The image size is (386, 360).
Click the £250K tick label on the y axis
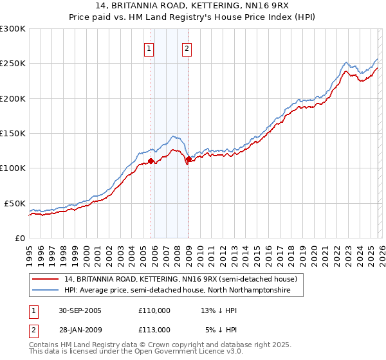[13, 64]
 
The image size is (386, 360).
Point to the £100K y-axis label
[13, 168]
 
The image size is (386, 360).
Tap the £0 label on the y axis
[20, 238]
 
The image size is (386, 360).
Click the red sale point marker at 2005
[151, 161]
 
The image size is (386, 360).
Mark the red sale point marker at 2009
[188, 159]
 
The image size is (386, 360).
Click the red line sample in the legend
[46, 280]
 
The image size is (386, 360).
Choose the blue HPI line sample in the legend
[46, 291]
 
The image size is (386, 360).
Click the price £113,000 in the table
[154, 329]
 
